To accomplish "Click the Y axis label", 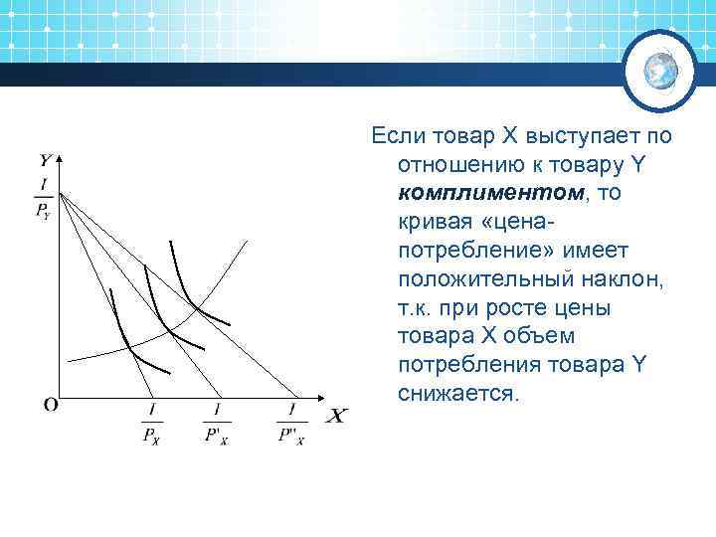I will click(46, 159).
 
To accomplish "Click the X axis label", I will click(337, 416).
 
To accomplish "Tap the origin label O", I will click(50, 405).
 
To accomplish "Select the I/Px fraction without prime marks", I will click(152, 423).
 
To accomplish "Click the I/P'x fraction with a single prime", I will click(216, 423).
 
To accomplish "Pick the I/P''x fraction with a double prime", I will click(291, 423).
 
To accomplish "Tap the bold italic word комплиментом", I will click(461, 192).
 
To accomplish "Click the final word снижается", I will click(456, 394).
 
